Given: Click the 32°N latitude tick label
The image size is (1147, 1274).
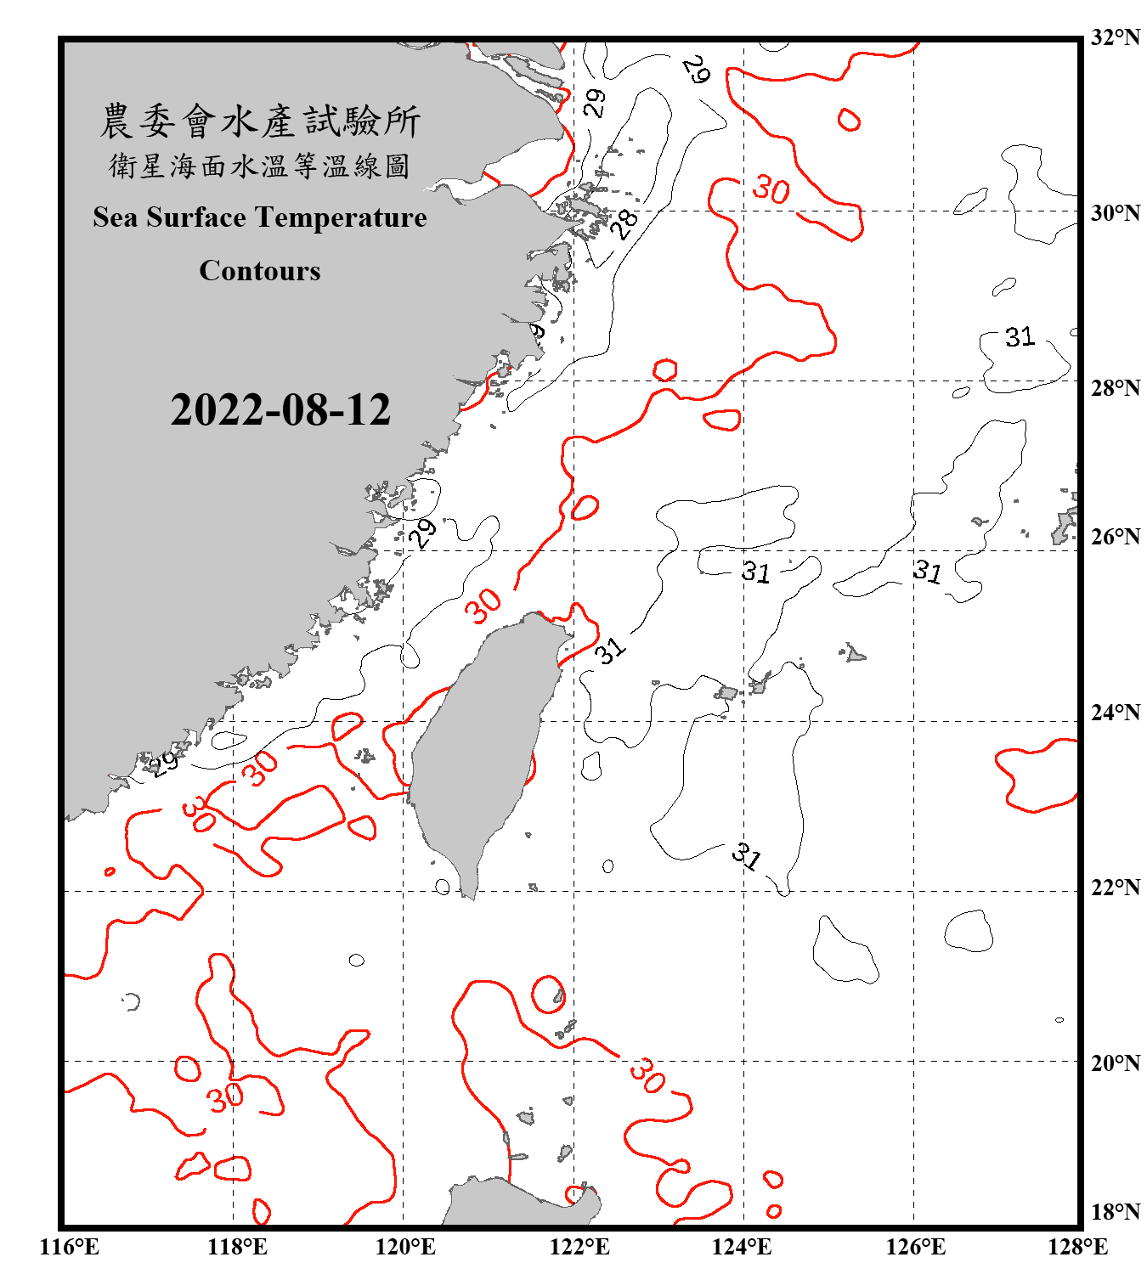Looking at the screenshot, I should [x=1115, y=37].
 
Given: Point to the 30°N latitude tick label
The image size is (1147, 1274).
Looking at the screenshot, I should [x=1115, y=213].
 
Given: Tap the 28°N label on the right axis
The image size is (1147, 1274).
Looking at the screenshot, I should [x=1115, y=388].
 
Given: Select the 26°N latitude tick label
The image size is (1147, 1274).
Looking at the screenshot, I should [x=1115, y=537].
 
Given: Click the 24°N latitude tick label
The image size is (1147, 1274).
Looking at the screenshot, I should [x=1115, y=713].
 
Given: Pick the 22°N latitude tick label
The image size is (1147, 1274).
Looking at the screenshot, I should [x=1115, y=888].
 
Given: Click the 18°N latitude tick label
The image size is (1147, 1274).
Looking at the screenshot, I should [x=1115, y=1212].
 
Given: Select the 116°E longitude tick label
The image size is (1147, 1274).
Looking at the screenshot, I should [x=70, y=1247].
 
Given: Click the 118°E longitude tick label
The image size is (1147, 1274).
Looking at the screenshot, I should [x=237, y=1247].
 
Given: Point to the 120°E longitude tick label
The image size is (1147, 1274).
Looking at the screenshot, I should [x=405, y=1247].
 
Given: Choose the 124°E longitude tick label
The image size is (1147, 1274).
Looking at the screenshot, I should [x=742, y=1247].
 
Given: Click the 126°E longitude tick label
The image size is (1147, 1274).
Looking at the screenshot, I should [x=915, y=1247].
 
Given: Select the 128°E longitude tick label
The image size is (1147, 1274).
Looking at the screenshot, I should [x=1077, y=1247].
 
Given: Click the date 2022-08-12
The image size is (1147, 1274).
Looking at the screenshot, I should [x=280, y=410].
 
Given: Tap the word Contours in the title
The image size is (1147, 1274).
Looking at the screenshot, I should [x=260, y=271].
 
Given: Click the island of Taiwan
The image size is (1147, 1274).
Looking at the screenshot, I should [x=480, y=747].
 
